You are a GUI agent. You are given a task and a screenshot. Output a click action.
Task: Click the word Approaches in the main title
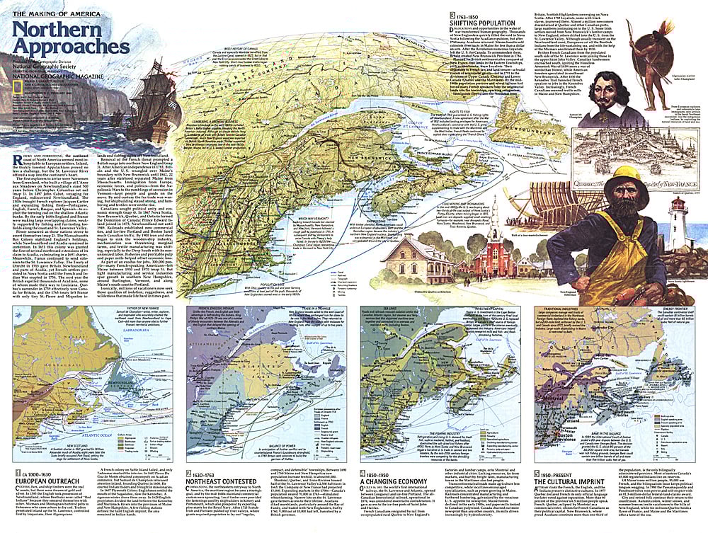(x=70, y=46)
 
